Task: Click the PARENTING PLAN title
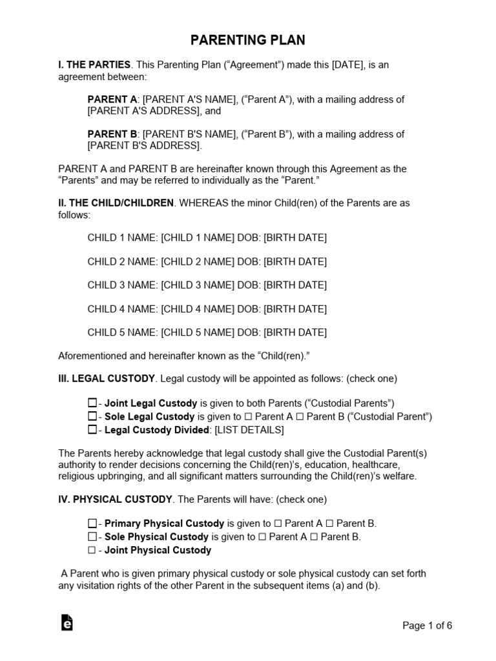coord(248,41)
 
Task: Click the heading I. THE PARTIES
coord(94,65)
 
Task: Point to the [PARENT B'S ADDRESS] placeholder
coord(143,146)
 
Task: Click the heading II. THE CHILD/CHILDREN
coord(116,203)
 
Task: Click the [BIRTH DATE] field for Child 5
coord(295,332)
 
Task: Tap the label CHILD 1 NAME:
coord(123,238)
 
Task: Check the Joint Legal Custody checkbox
coord(92,403)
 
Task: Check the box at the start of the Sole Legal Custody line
coord(92,416)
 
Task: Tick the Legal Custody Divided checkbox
coord(92,430)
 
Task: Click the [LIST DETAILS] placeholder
coord(249,430)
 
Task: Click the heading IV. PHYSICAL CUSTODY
coord(116,500)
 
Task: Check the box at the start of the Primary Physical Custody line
coord(92,524)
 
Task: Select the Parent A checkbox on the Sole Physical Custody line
coord(262,537)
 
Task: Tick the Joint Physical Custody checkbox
coord(92,551)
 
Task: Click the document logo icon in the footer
coord(67,622)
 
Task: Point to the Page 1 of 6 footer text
coord(427,625)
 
